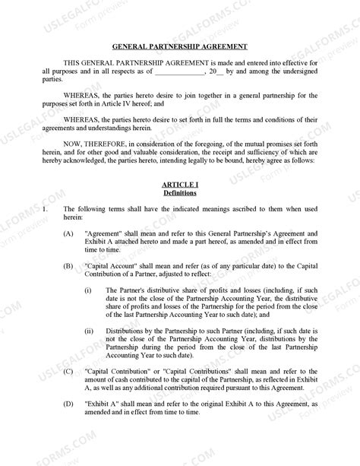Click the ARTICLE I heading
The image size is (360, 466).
(180, 185)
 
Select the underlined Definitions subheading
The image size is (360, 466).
(180, 193)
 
